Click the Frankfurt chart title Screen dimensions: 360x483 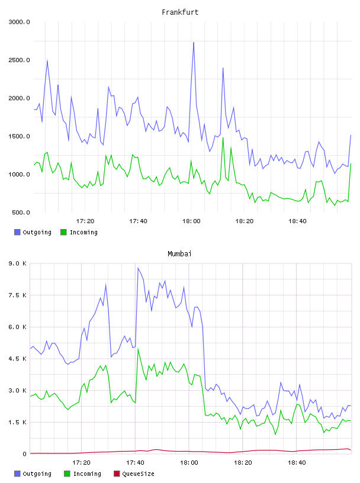180,12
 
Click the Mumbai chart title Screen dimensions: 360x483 179,254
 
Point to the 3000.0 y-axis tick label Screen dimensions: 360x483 19,22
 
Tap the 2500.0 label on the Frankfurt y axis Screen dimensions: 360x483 19,60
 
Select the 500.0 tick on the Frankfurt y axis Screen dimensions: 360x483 21,212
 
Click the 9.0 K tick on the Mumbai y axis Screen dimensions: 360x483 17,263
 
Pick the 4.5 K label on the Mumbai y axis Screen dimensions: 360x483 17,359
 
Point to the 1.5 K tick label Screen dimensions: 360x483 17,422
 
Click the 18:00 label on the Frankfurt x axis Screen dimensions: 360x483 191,221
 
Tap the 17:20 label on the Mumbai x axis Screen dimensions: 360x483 81,463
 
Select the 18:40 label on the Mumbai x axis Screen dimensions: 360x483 297,463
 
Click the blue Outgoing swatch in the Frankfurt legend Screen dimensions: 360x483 17,232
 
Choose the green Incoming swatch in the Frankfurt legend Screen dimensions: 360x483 63,232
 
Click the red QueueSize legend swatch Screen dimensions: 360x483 117,474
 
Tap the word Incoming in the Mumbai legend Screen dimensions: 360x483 87,474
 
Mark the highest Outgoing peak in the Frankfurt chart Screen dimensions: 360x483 194,43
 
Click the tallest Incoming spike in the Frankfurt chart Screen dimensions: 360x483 223,138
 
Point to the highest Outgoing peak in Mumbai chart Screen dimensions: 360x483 138,268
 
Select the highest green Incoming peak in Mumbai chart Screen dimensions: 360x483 138,349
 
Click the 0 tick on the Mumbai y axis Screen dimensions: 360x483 24,454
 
